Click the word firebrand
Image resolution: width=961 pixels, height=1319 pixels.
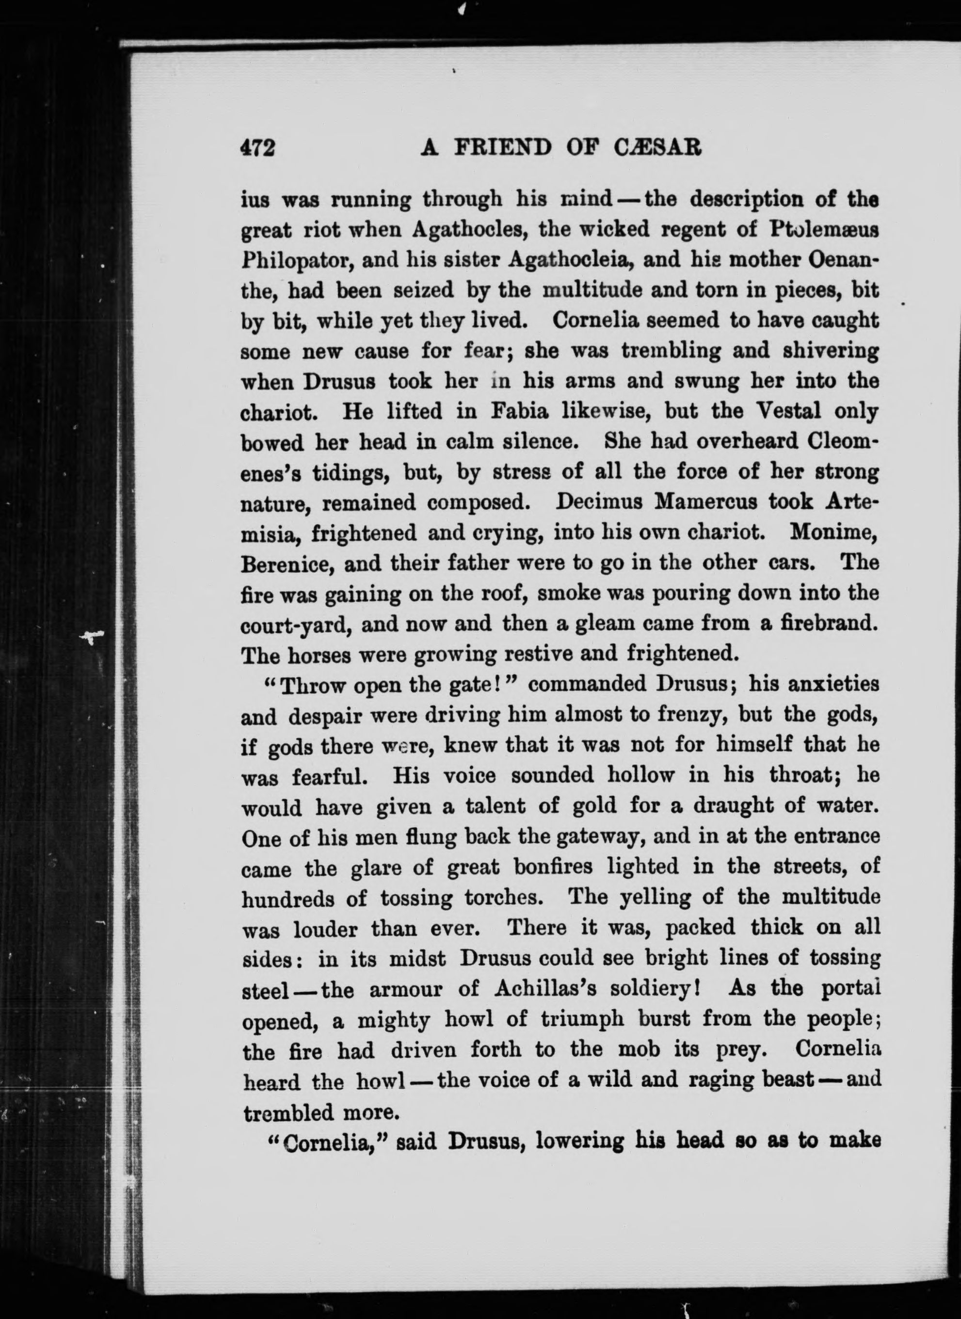coord(827,624)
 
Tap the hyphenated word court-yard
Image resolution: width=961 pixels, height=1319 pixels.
coord(295,626)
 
